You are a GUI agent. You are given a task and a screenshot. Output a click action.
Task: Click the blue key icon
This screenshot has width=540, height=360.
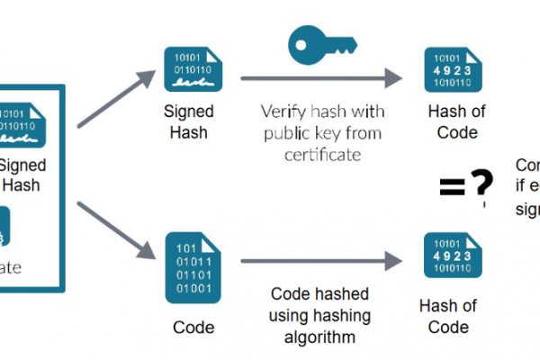coord(311,42)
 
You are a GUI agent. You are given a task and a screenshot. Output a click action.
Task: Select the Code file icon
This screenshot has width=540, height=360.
coord(193,268)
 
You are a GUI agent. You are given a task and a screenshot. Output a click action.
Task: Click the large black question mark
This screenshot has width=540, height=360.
coord(482,184)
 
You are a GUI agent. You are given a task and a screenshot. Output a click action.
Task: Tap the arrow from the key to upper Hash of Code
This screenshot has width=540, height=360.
coord(319,79)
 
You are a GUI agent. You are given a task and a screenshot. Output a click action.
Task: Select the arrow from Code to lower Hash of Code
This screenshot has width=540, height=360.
coord(319,262)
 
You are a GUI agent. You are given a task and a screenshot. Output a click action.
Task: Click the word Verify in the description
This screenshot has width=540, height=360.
coord(282,112)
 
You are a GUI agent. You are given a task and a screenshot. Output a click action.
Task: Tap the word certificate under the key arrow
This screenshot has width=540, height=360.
coord(311,154)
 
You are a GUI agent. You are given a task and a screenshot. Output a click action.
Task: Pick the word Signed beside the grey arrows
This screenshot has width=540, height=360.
coord(188,112)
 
